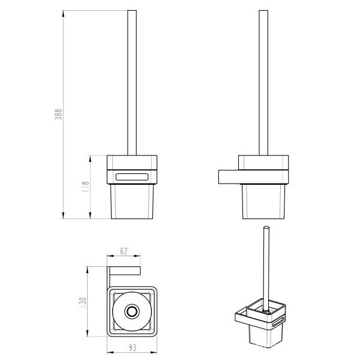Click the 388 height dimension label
[58, 115]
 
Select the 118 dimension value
[85, 187]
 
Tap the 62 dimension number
[124, 251]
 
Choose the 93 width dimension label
[133, 347]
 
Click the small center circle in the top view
[132, 311]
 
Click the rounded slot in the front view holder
[132, 177]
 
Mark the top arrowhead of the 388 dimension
[63, 14]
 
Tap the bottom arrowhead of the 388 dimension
[63, 215]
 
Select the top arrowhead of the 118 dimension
[90, 159]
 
